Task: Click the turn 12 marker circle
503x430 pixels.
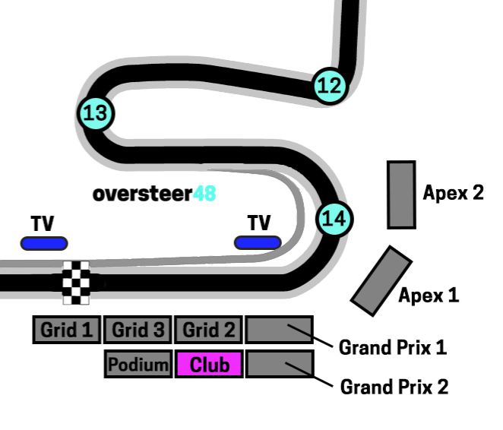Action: click(330, 85)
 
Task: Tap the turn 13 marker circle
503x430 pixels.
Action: click(95, 114)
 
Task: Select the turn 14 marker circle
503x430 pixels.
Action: click(334, 220)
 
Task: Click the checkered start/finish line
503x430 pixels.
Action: click(76, 282)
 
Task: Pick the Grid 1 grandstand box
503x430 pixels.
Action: click(66, 330)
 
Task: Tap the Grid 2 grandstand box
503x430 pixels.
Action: click(207, 330)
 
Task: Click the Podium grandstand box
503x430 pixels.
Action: click(138, 365)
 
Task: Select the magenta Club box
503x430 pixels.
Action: click(209, 365)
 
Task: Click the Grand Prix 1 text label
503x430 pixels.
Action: click(392, 348)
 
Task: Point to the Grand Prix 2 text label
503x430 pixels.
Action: click(394, 387)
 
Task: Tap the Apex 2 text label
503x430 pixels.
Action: click(453, 192)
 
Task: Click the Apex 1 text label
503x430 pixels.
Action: click(429, 295)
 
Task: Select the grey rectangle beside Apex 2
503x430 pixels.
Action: click(401, 194)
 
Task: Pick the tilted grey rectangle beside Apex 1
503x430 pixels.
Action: click(381, 280)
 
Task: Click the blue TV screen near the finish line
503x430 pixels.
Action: click(43, 243)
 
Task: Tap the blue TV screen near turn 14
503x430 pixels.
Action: click(258, 242)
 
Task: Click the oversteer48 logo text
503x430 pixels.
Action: click(154, 194)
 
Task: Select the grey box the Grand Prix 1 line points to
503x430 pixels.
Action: click(279, 330)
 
